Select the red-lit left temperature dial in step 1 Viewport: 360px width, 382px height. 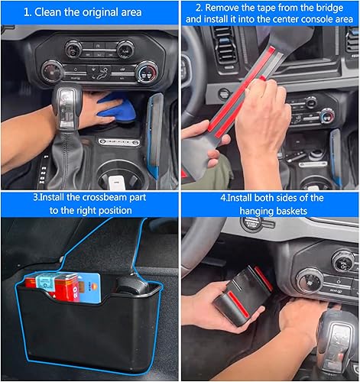tap(53, 72)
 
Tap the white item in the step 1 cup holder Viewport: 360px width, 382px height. tap(115, 183)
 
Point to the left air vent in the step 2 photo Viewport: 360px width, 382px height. tap(222, 45)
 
